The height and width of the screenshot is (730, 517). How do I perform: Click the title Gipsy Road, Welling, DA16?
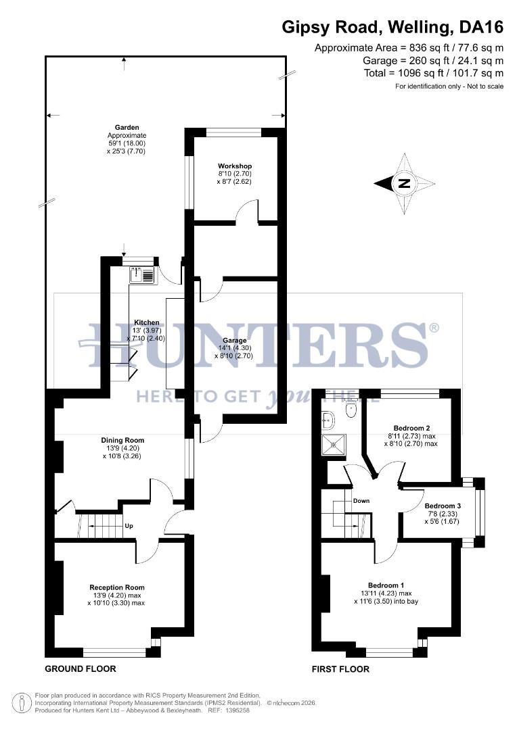(x=392, y=28)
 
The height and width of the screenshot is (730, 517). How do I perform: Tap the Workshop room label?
(x=235, y=166)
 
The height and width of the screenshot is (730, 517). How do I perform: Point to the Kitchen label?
(x=146, y=322)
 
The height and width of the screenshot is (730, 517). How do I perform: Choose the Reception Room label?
(x=116, y=587)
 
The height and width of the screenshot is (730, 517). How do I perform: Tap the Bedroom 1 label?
(x=386, y=585)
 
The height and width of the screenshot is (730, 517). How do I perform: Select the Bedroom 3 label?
(x=443, y=506)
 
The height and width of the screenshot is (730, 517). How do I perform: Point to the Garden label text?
(x=127, y=127)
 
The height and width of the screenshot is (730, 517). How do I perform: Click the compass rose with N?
(x=404, y=183)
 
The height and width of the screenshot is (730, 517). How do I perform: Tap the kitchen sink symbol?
(x=143, y=275)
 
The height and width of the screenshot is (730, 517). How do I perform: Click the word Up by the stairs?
(x=129, y=525)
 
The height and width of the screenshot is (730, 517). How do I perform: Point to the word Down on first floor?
(x=361, y=501)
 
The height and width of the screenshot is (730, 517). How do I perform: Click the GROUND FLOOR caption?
(x=80, y=669)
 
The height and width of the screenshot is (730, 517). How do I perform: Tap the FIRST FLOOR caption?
(x=340, y=669)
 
